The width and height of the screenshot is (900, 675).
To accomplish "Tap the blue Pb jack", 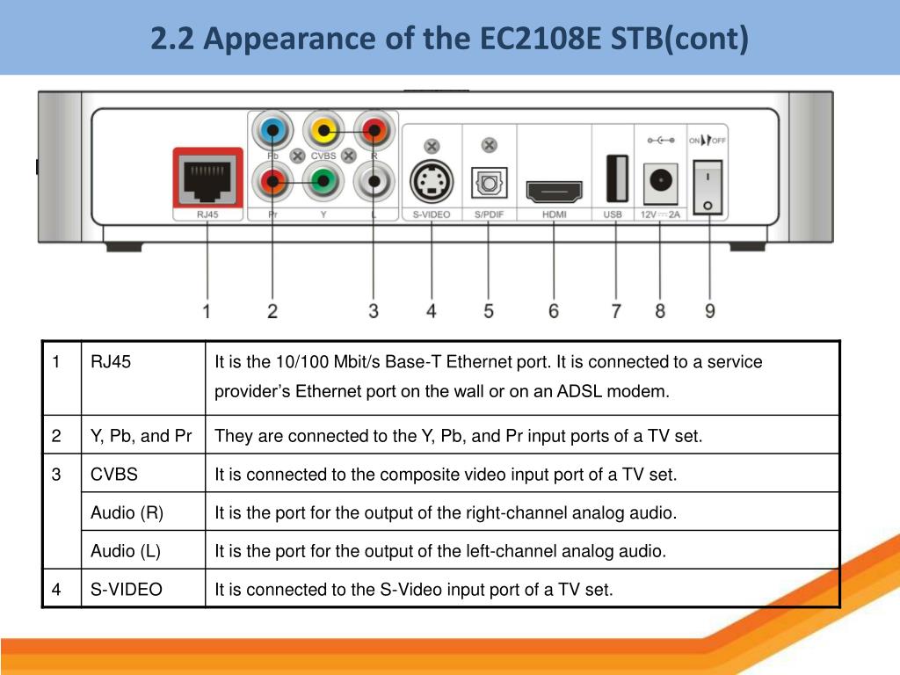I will (x=272, y=134).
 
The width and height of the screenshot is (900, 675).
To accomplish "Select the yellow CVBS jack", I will (x=323, y=133).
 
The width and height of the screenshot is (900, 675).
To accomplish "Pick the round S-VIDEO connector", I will (x=432, y=183).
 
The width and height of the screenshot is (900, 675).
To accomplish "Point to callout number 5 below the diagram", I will (x=489, y=310).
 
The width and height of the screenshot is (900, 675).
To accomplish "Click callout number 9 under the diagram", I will (x=709, y=310).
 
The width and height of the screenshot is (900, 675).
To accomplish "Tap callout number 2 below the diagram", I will (x=272, y=310).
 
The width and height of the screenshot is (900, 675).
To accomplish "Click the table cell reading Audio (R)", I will (x=127, y=512).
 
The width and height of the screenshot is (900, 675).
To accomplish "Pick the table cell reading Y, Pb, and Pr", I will (x=141, y=436).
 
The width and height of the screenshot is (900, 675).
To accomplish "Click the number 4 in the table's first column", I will (x=56, y=589).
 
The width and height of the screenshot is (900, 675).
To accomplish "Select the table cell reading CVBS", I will (x=114, y=475).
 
